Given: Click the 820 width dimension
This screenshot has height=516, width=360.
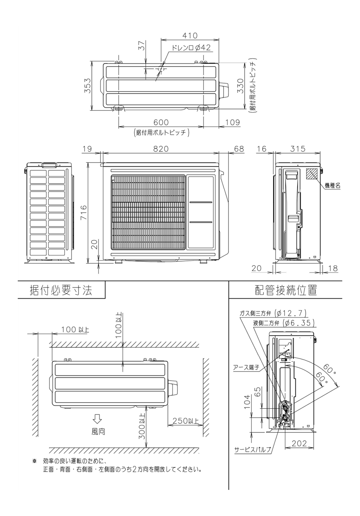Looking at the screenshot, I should coord(161,149).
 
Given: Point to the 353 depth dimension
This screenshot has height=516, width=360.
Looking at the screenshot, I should coord(87,86).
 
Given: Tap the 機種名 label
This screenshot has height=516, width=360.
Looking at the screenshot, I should coord(333,185).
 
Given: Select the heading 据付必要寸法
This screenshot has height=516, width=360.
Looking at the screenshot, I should coord(61,290).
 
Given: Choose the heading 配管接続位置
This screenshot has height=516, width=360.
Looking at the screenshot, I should coord(286,290).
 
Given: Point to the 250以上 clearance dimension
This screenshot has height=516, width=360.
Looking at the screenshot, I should coord(185,421).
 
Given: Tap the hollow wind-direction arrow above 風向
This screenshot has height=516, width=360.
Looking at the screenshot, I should coord(97,419).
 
